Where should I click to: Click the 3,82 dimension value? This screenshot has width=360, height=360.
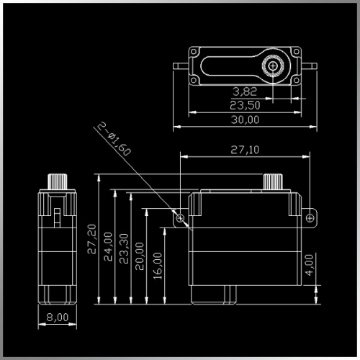245,91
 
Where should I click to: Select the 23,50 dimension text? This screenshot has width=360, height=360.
245,105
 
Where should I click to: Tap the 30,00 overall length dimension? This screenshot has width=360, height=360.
245,120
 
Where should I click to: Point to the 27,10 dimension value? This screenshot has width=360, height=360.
245,150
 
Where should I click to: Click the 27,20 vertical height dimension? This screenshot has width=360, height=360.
92,239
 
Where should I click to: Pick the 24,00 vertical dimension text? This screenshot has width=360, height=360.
108,246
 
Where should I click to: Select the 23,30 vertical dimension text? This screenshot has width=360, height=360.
124,248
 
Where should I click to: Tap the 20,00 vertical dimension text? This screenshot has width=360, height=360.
140,256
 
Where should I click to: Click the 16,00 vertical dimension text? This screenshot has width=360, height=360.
158,266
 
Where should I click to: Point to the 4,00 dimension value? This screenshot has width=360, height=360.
309,265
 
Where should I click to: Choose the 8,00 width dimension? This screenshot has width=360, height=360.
58,318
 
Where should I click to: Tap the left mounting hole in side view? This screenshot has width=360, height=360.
180,218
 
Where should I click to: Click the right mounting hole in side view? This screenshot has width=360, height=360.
310,218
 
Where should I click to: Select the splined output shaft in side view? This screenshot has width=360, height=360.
273,181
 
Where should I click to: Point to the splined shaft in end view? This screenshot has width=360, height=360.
58,181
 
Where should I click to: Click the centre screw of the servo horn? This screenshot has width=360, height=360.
273,66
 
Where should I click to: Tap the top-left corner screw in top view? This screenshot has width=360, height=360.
194,52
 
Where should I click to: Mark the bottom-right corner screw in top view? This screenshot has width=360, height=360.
297,80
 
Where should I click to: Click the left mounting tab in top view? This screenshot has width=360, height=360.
181,66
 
